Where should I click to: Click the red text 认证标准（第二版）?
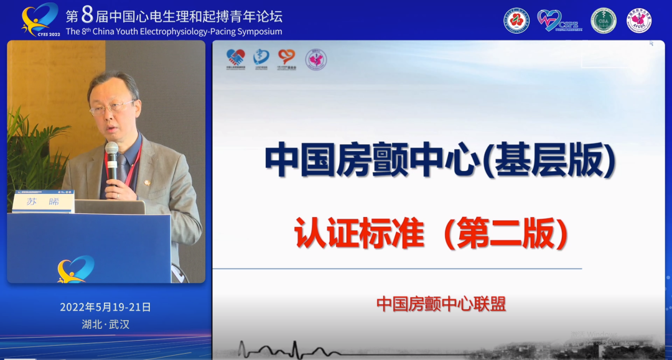432,235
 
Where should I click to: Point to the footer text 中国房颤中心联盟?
441,304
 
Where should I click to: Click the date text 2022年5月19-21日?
105,307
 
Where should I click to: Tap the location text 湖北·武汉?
105,324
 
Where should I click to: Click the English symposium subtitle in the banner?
174,31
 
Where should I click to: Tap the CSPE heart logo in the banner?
559,21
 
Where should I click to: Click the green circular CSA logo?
603,21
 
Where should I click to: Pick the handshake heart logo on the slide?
236,58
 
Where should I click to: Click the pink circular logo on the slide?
316,60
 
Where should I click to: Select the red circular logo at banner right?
516,21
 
